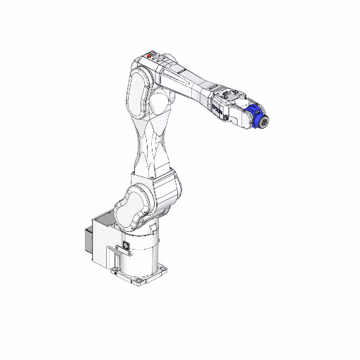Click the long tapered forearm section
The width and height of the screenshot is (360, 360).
click(x=190, y=81)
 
